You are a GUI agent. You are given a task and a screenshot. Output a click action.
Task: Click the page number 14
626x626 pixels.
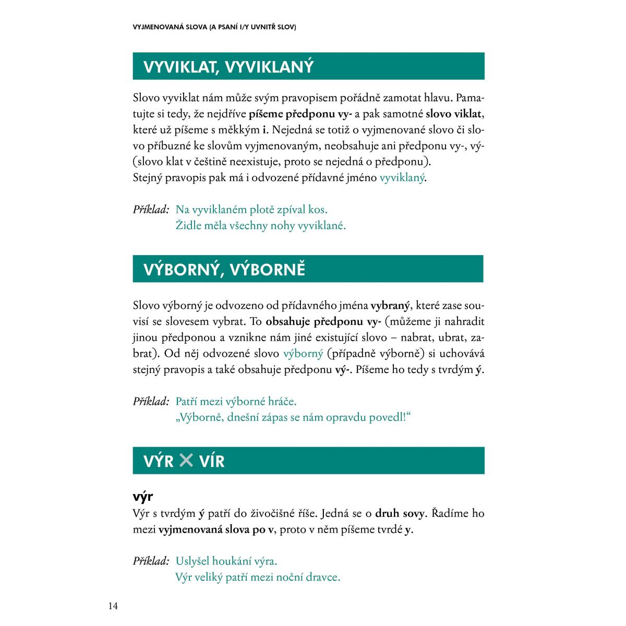click(x=113, y=606)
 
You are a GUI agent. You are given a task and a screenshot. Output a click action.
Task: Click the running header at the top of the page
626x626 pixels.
click(x=214, y=27)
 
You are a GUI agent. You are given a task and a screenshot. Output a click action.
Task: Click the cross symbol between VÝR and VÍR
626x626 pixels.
click(x=186, y=460)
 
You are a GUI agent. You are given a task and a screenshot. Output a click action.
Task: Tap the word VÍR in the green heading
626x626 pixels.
click(x=212, y=461)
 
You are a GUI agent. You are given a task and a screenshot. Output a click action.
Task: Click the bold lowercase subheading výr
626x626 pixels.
click(x=142, y=496)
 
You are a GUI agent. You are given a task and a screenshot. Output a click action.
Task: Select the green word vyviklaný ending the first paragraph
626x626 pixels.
click(x=402, y=177)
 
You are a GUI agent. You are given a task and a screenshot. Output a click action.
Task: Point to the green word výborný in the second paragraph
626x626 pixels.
click(x=303, y=353)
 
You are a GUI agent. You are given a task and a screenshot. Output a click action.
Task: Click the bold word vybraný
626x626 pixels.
click(x=391, y=306)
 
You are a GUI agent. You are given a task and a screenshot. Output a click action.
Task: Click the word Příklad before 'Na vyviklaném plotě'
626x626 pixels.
click(x=151, y=210)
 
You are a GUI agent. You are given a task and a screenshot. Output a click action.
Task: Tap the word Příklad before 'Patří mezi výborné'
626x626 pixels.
click(x=151, y=401)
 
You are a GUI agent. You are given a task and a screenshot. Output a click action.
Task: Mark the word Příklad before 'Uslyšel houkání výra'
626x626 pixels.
click(x=151, y=561)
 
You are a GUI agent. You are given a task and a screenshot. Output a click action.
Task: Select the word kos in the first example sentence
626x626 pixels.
click(x=317, y=210)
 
